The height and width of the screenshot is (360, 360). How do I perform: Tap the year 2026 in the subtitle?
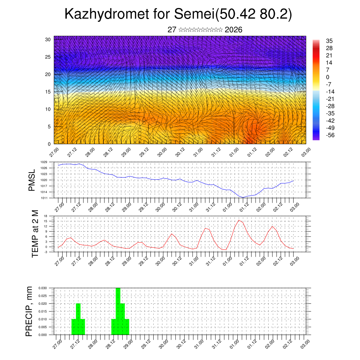(x=233, y=30)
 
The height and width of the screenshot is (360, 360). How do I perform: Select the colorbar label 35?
(x=329, y=41)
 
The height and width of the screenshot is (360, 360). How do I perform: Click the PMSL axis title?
(x=32, y=180)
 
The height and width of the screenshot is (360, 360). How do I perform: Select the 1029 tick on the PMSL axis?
(x=44, y=162)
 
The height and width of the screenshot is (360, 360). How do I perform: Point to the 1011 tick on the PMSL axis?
(x=44, y=198)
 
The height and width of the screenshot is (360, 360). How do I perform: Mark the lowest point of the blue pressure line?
(x=243, y=197)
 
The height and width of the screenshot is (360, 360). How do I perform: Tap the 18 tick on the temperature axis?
(x=46, y=216)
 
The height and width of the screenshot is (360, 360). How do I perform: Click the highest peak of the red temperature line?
(x=239, y=220)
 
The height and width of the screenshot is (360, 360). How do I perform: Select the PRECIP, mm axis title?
(x=30, y=311)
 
